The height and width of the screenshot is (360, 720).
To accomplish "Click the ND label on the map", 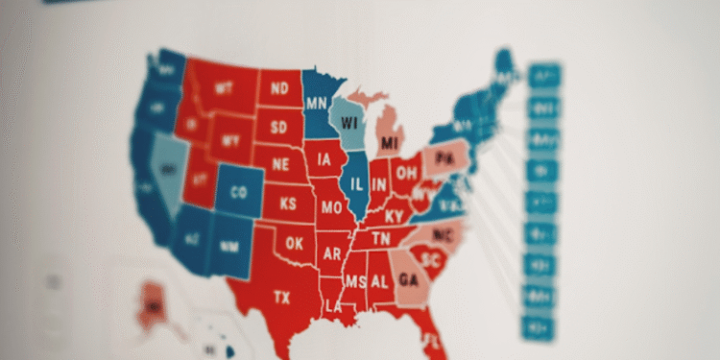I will click(279, 89).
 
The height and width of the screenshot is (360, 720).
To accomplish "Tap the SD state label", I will click(278, 127).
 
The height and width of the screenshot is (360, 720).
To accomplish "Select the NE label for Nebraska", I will click(280, 164).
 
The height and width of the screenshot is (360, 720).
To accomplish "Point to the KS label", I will click(287, 204).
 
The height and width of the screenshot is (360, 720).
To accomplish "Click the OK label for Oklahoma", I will click(294, 244).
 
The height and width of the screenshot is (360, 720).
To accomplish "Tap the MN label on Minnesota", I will click(317, 103).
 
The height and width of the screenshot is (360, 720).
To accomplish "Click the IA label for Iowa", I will click(325, 159).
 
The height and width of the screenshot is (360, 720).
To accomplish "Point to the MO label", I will click(331, 207).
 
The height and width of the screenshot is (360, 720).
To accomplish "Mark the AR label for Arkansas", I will click(332, 253).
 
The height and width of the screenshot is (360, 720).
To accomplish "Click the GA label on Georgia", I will click(408, 281).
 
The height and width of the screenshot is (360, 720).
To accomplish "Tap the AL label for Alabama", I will click(380, 281).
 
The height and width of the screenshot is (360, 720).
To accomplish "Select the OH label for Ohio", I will click(406, 174).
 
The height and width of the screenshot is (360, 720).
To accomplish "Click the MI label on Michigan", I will click(389, 144).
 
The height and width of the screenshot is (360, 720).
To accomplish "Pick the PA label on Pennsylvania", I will click(444, 157).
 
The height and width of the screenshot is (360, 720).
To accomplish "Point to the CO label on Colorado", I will click(239, 192).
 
